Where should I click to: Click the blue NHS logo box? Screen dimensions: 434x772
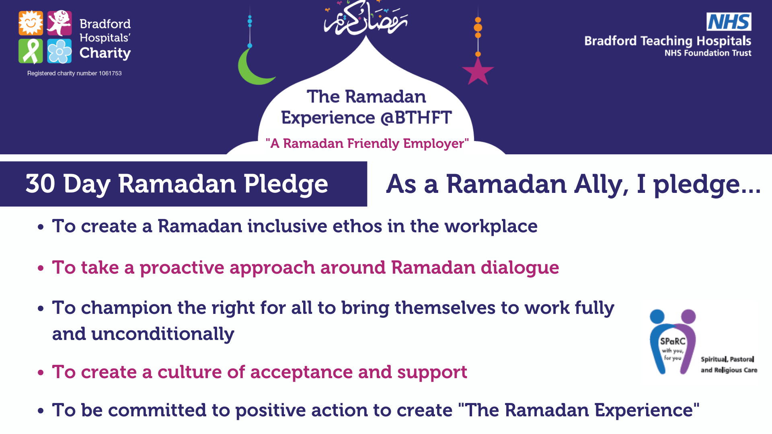click(729, 22)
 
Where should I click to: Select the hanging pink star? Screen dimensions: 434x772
click(478, 72)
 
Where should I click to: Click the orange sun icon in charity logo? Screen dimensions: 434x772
click(31, 23)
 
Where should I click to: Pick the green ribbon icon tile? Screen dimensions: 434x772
click(31, 51)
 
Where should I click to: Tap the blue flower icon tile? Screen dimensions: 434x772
click(60, 51)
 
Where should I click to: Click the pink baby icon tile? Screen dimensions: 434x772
click(60, 23)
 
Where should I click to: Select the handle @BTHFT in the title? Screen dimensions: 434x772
click(416, 118)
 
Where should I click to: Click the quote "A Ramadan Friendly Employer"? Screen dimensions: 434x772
click(367, 143)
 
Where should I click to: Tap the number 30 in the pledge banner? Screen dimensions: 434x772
click(40, 184)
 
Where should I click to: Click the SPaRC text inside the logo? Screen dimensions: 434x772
click(672, 341)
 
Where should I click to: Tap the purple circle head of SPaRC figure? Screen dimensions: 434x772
click(688, 316)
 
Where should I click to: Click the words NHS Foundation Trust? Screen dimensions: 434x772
click(708, 53)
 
